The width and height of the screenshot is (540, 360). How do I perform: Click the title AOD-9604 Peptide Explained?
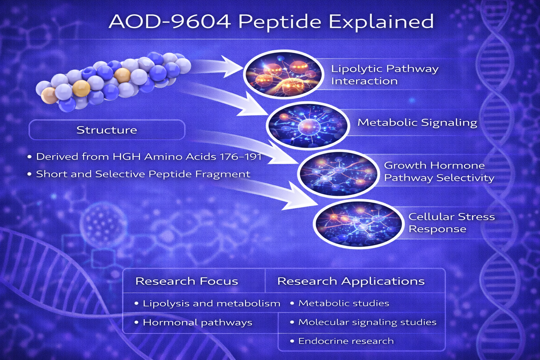[271, 22]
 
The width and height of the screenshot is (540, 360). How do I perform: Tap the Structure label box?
[107, 130]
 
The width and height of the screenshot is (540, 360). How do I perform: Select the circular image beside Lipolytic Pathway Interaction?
[283, 74]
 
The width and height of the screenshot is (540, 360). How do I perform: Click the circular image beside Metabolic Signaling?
[308, 126]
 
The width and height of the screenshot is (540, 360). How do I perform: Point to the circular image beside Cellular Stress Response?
[359, 224]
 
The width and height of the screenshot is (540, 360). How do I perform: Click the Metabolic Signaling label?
[417, 122]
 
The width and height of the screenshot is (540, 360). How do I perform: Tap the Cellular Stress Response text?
[451, 223]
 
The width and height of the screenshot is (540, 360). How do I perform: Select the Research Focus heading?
[187, 281]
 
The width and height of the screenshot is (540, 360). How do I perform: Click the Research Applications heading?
[351, 281]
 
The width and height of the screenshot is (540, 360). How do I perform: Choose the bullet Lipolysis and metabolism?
[207, 303]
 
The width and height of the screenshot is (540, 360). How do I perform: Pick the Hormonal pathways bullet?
[193, 323]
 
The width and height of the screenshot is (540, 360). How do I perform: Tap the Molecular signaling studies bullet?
[363, 322]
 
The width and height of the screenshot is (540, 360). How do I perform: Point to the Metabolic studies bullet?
[340, 303]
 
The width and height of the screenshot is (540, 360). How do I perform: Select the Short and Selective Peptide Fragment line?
[139, 174]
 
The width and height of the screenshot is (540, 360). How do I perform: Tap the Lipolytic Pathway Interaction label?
[385, 75]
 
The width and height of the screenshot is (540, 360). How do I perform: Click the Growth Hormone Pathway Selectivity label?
[439, 172]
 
